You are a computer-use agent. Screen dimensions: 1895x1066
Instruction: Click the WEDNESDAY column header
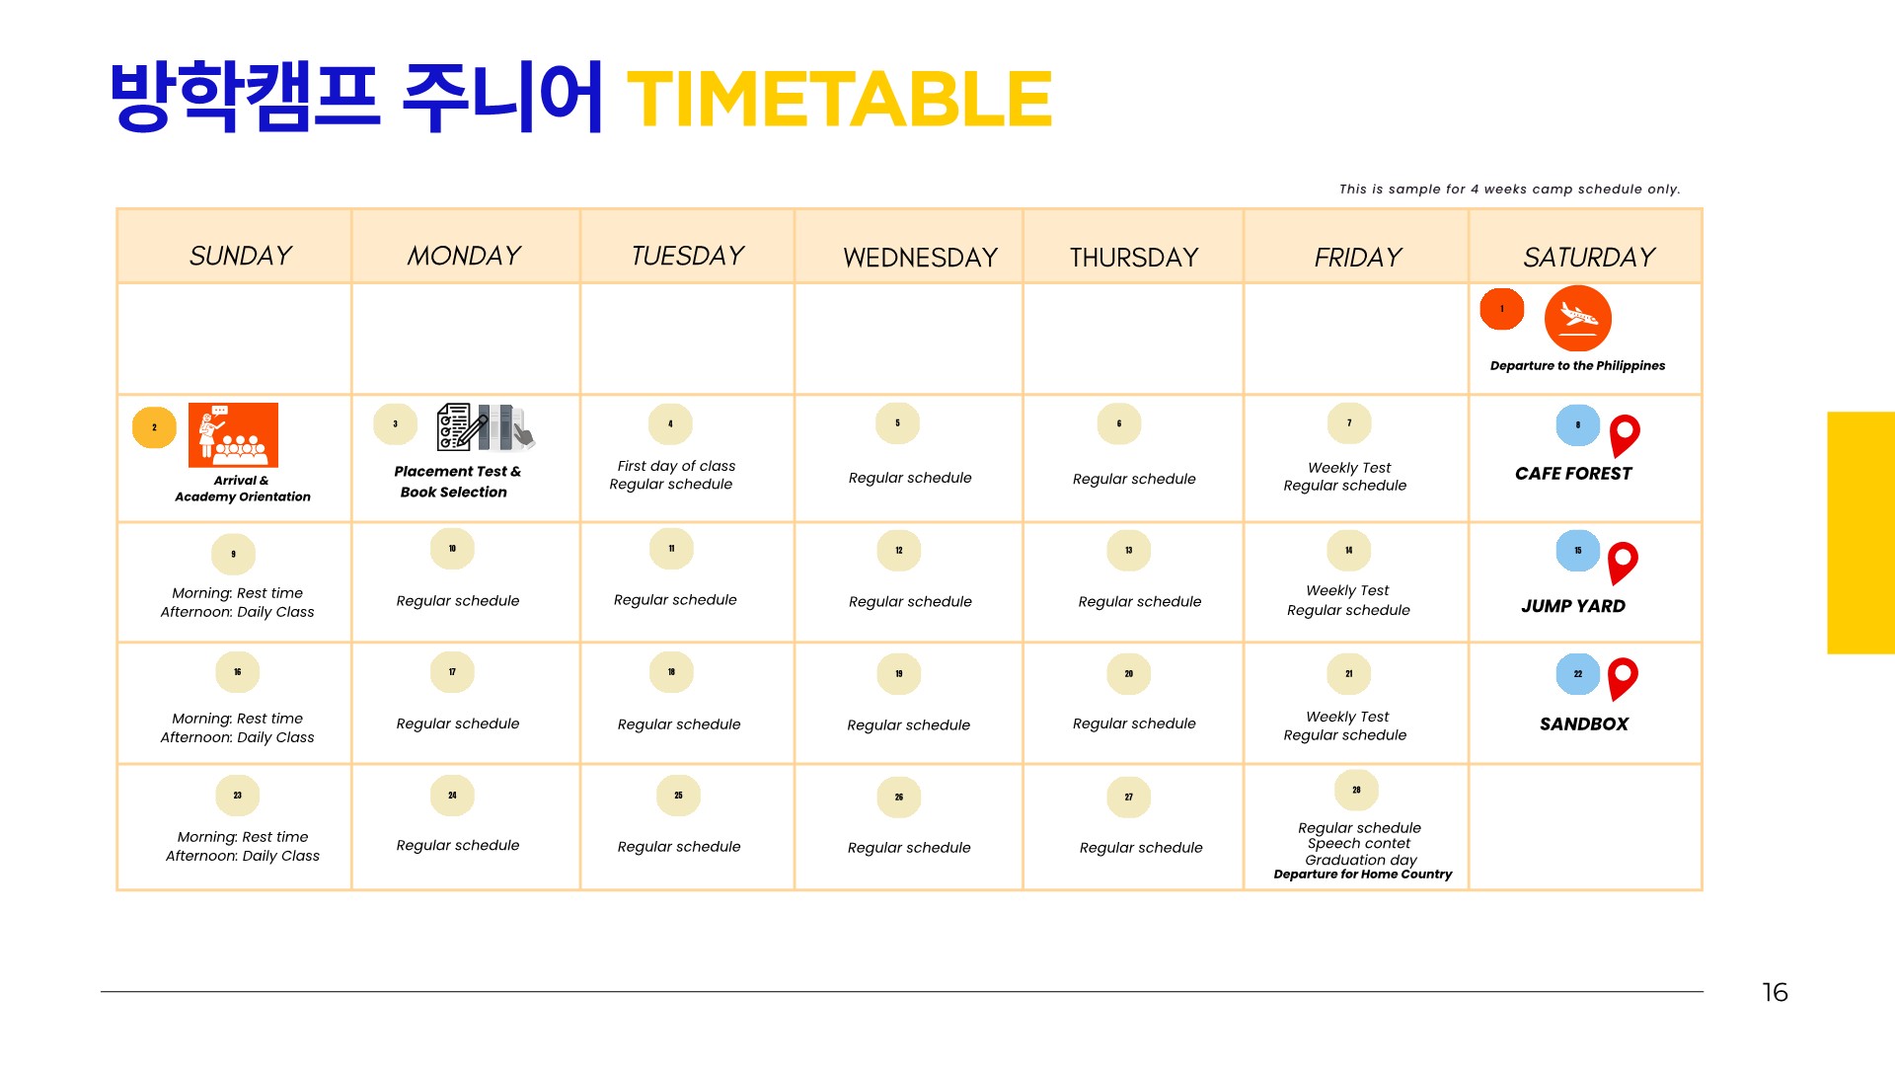tap(920, 258)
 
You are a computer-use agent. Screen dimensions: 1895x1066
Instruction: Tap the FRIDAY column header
tap(1357, 258)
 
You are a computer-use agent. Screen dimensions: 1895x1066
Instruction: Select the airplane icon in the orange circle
tap(1577, 318)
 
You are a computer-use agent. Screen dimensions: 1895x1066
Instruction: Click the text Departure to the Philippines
tap(1577, 365)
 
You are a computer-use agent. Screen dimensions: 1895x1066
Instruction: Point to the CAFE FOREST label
tap(1573, 474)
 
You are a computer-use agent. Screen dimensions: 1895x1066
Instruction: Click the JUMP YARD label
tap(1573, 606)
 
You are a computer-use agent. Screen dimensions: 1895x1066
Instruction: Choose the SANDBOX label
tap(1584, 723)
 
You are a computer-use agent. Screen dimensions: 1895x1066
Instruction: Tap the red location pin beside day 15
tap(1623, 564)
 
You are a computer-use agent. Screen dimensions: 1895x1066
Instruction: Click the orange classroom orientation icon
tap(233, 434)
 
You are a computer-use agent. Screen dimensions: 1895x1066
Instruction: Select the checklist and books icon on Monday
tap(486, 426)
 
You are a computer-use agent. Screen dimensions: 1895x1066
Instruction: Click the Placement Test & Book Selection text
tap(457, 482)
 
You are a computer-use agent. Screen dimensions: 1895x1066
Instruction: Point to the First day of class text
tap(676, 466)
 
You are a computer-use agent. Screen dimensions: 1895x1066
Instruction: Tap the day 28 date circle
tap(1356, 791)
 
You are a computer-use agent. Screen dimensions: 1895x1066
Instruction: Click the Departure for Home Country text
tap(1362, 875)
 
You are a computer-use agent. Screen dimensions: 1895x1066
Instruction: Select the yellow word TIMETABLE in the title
tap(839, 99)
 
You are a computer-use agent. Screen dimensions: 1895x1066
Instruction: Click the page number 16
tap(1775, 992)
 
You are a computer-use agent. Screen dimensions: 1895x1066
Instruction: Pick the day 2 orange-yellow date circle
tap(154, 427)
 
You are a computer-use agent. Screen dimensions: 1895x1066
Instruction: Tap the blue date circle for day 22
tap(1577, 674)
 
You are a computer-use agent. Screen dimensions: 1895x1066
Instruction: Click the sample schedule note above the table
tap(1509, 189)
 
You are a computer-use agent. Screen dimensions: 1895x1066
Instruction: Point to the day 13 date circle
tap(1128, 551)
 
